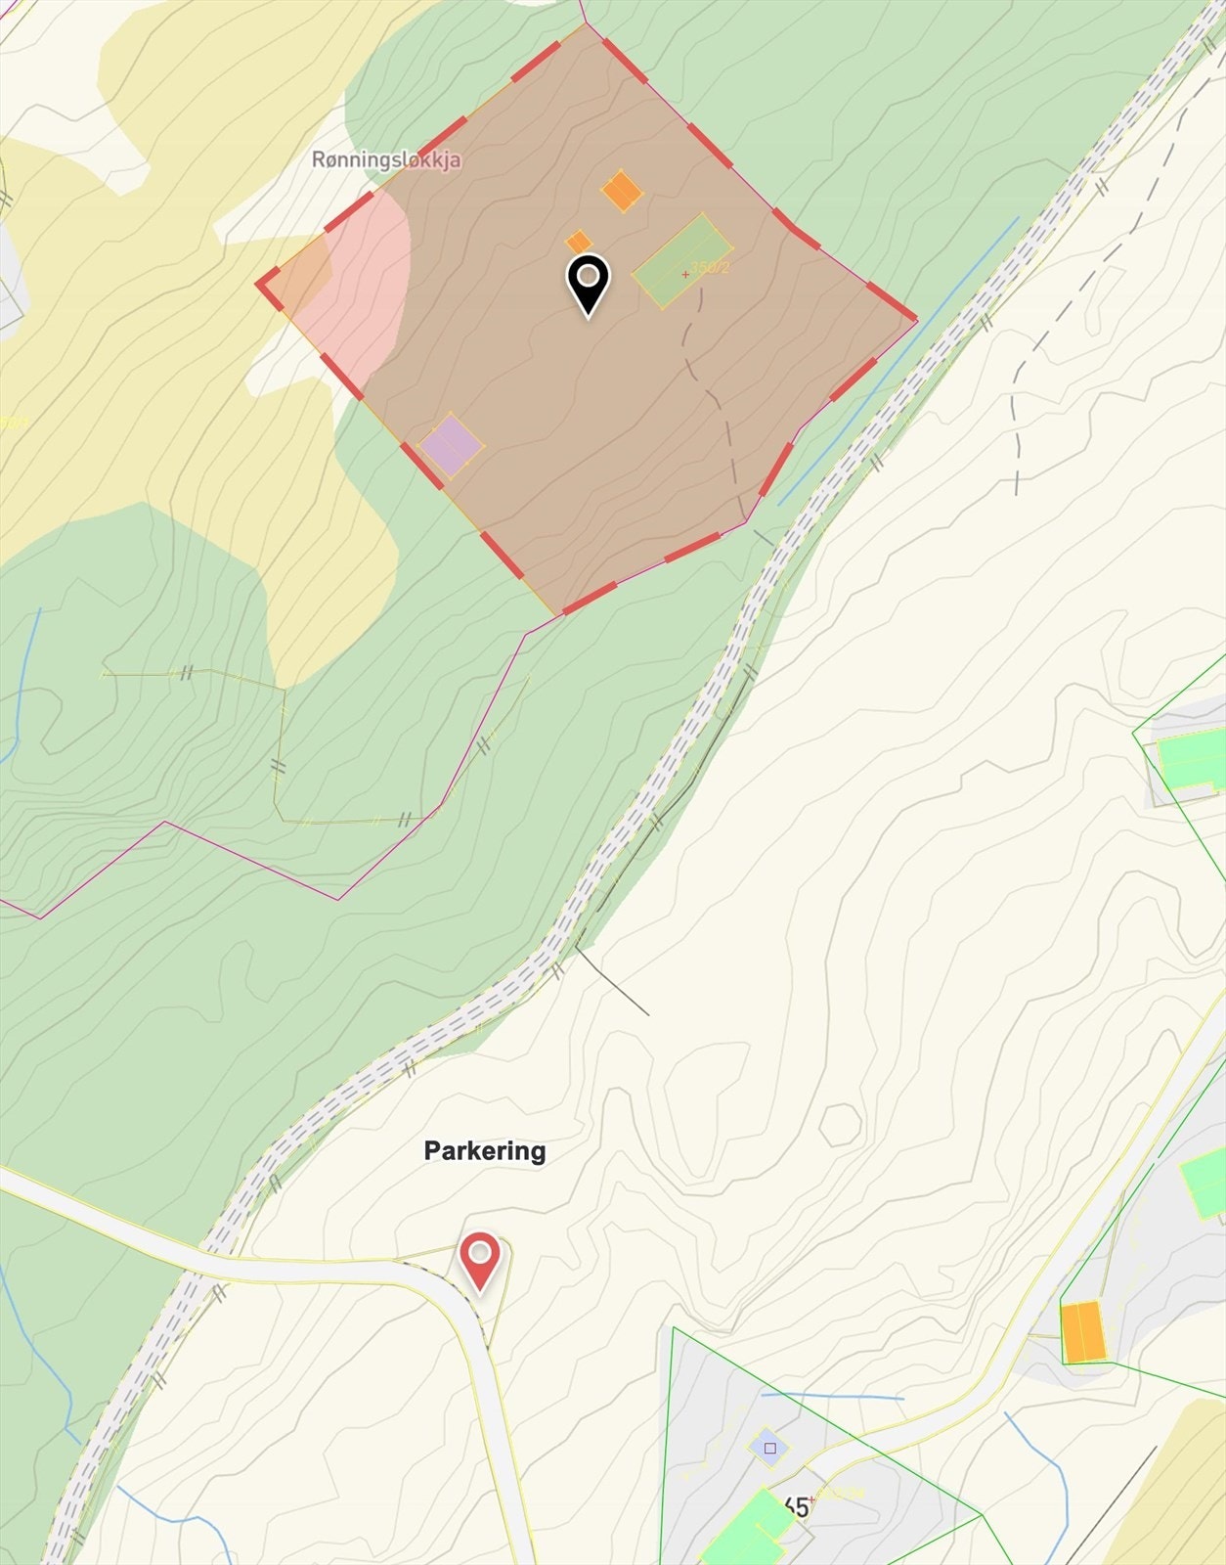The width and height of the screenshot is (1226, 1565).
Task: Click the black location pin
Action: pyautogui.click(x=588, y=283)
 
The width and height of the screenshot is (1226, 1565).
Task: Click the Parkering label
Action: pyautogui.click(x=485, y=1150)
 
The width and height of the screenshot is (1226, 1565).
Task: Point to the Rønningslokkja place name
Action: pyautogui.click(x=386, y=159)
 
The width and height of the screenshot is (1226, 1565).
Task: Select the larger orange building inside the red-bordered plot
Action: pyautogui.click(x=621, y=191)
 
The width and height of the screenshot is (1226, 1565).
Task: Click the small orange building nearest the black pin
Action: pyautogui.click(x=579, y=242)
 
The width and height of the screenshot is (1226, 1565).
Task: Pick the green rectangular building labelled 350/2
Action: pyautogui.click(x=681, y=261)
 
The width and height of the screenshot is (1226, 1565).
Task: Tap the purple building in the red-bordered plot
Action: pyautogui.click(x=452, y=443)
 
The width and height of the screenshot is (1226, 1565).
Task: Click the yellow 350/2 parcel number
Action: pyautogui.click(x=711, y=268)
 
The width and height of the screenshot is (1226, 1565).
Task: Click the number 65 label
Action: pyautogui.click(x=796, y=1507)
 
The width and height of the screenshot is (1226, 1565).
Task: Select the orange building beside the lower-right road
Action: pyautogui.click(x=1083, y=1331)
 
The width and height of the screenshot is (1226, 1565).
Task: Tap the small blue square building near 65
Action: pyautogui.click(x=769, y=1448)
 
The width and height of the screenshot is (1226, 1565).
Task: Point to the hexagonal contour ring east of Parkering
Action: pyautogui.click(x=840, y=1125)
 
